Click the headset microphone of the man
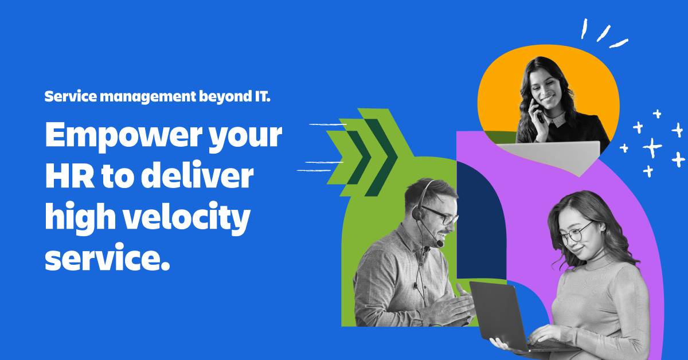pos(439,243)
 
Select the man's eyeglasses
pos(441,217)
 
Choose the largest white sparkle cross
pos(652,147)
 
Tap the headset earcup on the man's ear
pos(419,213)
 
